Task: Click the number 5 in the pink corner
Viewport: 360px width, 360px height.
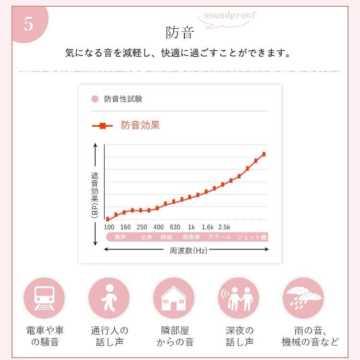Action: coord(28,24)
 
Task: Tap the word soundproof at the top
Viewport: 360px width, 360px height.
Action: coord(230,15)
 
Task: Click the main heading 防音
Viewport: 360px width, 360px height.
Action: coord(180,32)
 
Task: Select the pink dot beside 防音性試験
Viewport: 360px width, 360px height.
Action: coord(95,99)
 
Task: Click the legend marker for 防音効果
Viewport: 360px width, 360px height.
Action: coord(102,126)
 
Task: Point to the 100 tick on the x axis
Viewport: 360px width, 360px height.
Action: coord(109,227)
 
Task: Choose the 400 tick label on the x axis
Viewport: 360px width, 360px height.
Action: coord(158,227)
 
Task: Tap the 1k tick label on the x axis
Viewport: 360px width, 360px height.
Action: coord(191,227)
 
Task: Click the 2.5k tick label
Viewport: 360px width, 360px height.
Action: coord(224,227)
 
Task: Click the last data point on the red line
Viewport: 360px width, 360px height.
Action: coord(264,154)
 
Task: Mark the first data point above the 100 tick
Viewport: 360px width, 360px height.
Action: coord(108,219)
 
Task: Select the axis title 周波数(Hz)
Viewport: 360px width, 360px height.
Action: coord(188,251)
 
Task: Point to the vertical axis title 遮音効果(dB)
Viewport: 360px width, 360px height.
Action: coord(95,195)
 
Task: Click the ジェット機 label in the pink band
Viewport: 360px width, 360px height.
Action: coord(252,237)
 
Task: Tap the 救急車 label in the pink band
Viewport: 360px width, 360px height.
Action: coord(191,237)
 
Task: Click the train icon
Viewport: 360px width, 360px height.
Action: coord(44,298)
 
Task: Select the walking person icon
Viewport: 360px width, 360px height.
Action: coord(109,298)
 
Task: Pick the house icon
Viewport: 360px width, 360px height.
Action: coord(174,298)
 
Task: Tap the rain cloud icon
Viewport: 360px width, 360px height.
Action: coord(303,298)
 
